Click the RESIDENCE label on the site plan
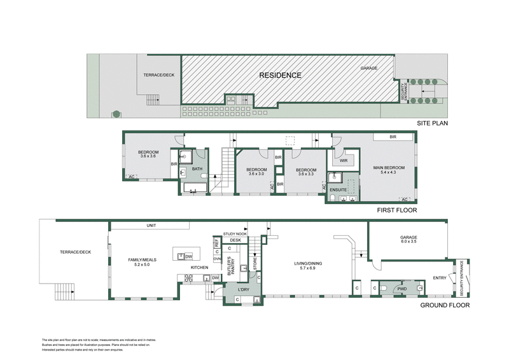point(280,75)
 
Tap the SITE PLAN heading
point(433,123)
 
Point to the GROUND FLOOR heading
point(445,305)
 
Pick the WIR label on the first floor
point(344,161)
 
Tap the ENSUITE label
point(338,190)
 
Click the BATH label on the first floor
point(197,169)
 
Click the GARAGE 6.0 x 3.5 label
point(408,240)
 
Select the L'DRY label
point(242,289)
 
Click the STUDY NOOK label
point(234,233)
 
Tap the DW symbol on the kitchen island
point(189,256)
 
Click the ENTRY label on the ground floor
point(438,277)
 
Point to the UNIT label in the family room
point(151,225)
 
